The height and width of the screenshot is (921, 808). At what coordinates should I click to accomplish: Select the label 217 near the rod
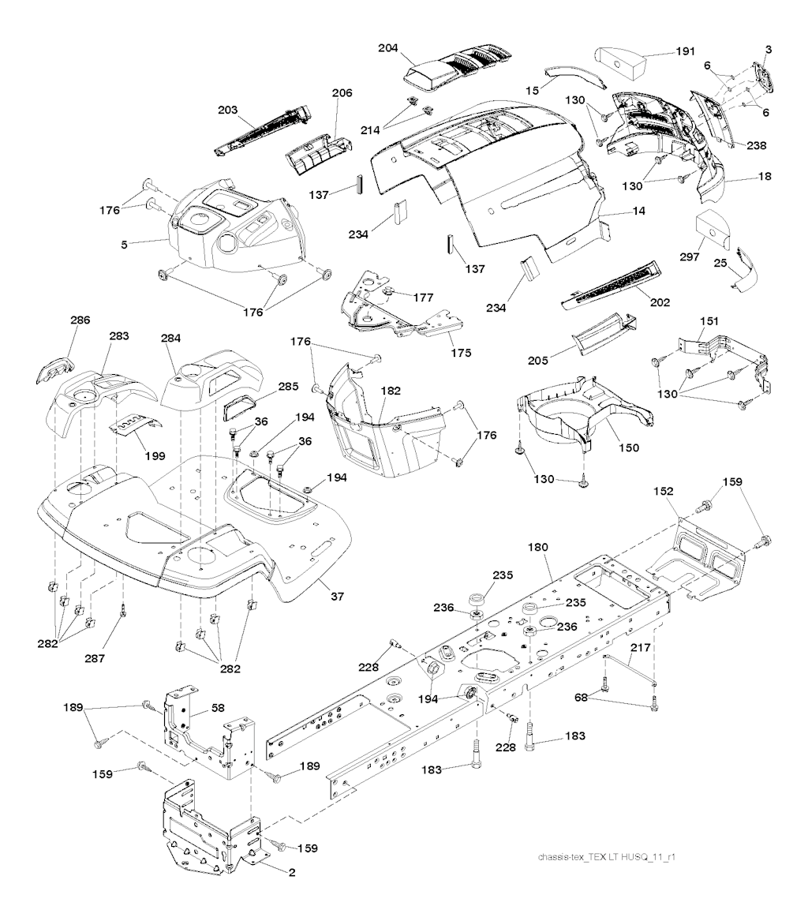640,648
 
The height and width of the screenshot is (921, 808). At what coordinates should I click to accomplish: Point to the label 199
144,455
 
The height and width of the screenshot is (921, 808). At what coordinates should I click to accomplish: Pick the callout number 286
80,320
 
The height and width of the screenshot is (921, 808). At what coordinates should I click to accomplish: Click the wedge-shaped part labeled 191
620,61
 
